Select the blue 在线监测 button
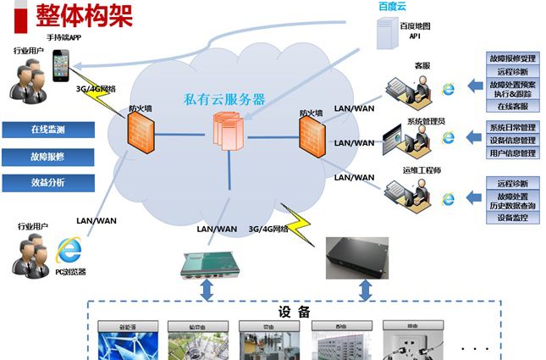point(47,130)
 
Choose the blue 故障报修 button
point(47,156)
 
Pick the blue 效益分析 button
point(47,182)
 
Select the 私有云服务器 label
point(224,98)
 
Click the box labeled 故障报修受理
point(511,58)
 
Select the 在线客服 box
point(511,107)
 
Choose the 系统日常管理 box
point(511,128)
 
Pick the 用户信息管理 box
point(511,153)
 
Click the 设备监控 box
point(511,218)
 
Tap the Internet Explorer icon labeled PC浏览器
point(69,251)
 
